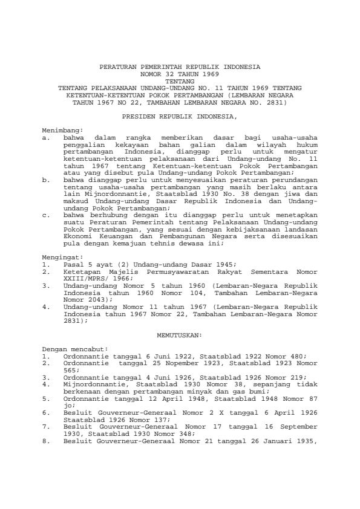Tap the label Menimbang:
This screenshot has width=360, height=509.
[x=62, y=131]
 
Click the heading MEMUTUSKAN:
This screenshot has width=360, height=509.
[x=179, y=334]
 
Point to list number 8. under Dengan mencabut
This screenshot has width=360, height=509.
[x=46, y=442]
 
